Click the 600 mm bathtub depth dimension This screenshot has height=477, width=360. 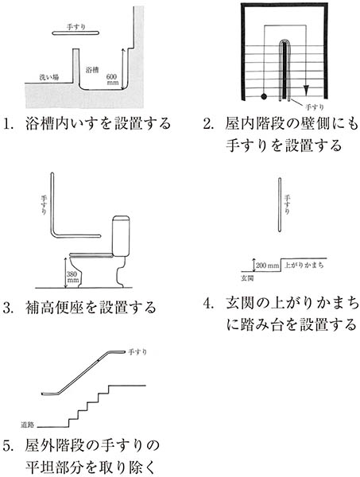point(112,79)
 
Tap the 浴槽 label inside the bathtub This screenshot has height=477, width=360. point(92,70)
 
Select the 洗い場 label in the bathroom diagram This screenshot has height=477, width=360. point(48,77)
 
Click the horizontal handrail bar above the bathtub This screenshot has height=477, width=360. point(75,33)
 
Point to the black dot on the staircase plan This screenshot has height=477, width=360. point(264,96)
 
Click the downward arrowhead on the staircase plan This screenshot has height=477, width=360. point(306,90)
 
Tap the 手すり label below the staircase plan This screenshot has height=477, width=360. point(314,107)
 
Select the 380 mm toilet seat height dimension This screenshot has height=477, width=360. point(72,277)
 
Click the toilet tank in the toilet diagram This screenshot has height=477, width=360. point(121,236)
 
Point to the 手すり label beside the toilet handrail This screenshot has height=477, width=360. point(44,205)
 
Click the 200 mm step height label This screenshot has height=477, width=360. point(267,266)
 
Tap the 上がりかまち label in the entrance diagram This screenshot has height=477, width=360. point(304,265)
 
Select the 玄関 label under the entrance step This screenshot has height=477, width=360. point(247,277)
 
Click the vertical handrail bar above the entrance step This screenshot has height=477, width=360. point(280,205)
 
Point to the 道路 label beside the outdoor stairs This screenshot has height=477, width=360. point(27,425)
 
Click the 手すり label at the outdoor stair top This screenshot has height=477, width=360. point(137,352)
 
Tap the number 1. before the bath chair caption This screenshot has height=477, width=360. point(8,124)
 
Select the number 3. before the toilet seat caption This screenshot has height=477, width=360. point(8,308)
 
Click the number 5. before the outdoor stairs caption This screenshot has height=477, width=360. point(8,445)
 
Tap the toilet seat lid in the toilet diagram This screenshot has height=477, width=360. point(91,255)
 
